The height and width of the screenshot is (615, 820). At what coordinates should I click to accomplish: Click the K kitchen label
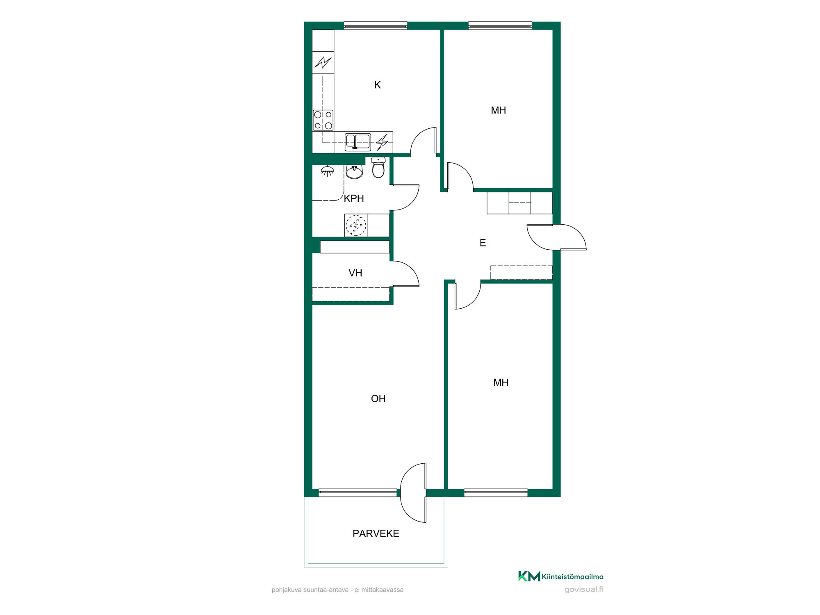(377, 85)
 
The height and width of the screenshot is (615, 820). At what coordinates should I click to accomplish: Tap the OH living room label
(378, 399)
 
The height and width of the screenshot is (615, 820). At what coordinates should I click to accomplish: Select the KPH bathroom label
(354, 198)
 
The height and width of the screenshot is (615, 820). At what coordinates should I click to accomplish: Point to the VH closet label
(355, 273)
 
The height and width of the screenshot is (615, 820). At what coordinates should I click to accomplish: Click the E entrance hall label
(483, 243)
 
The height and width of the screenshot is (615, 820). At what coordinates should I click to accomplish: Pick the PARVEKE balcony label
(376, 533)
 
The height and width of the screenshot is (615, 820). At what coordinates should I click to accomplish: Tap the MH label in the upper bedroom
(498, 110)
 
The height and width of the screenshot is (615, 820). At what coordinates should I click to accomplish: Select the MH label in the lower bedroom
(501, 383)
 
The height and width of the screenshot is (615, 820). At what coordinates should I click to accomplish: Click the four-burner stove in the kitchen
(323, 120)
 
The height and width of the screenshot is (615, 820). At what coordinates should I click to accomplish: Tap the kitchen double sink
(358, 142)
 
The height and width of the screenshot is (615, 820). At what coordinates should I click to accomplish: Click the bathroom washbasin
(354, 172)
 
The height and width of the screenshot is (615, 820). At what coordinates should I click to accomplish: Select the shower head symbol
(327, 171)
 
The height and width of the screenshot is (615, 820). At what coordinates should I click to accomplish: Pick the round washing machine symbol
(356, 225)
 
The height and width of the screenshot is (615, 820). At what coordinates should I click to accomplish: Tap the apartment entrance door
(557, 237)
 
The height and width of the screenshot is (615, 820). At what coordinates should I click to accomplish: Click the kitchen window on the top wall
(376, 26)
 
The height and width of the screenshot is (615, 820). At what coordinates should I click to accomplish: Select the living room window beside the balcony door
(358, 493)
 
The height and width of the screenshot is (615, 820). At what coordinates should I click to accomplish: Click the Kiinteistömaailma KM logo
(560, 576)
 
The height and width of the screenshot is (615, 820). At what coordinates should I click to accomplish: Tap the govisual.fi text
(584, 590)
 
